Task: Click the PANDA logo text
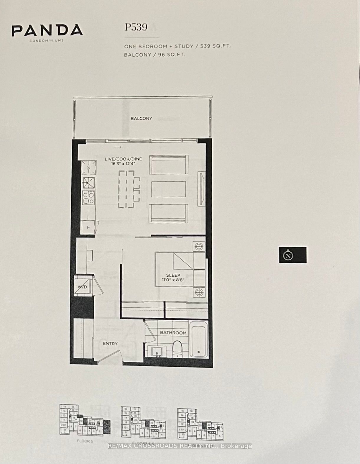tap(47, 30)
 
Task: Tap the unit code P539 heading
tap(136, 27)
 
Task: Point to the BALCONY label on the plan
tap(142, 118)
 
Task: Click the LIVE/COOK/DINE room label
tap(123, 159)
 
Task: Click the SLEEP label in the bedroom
tap(173, 275)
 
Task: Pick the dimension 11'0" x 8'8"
tap(173, 280)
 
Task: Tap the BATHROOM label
tap(173, 332)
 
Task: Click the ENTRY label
tap(110, 343)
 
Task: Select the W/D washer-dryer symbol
tap(82, 286)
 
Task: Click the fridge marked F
tap(88, 227)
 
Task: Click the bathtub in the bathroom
tap(198, 339)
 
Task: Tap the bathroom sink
tap(156, 352)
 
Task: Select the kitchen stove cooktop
tap(88, 198)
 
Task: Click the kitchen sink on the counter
tap(88, 183)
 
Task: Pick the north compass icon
tap(288, 255)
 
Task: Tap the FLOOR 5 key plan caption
tap(85, 441)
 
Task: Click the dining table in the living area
tap(126, 189)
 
